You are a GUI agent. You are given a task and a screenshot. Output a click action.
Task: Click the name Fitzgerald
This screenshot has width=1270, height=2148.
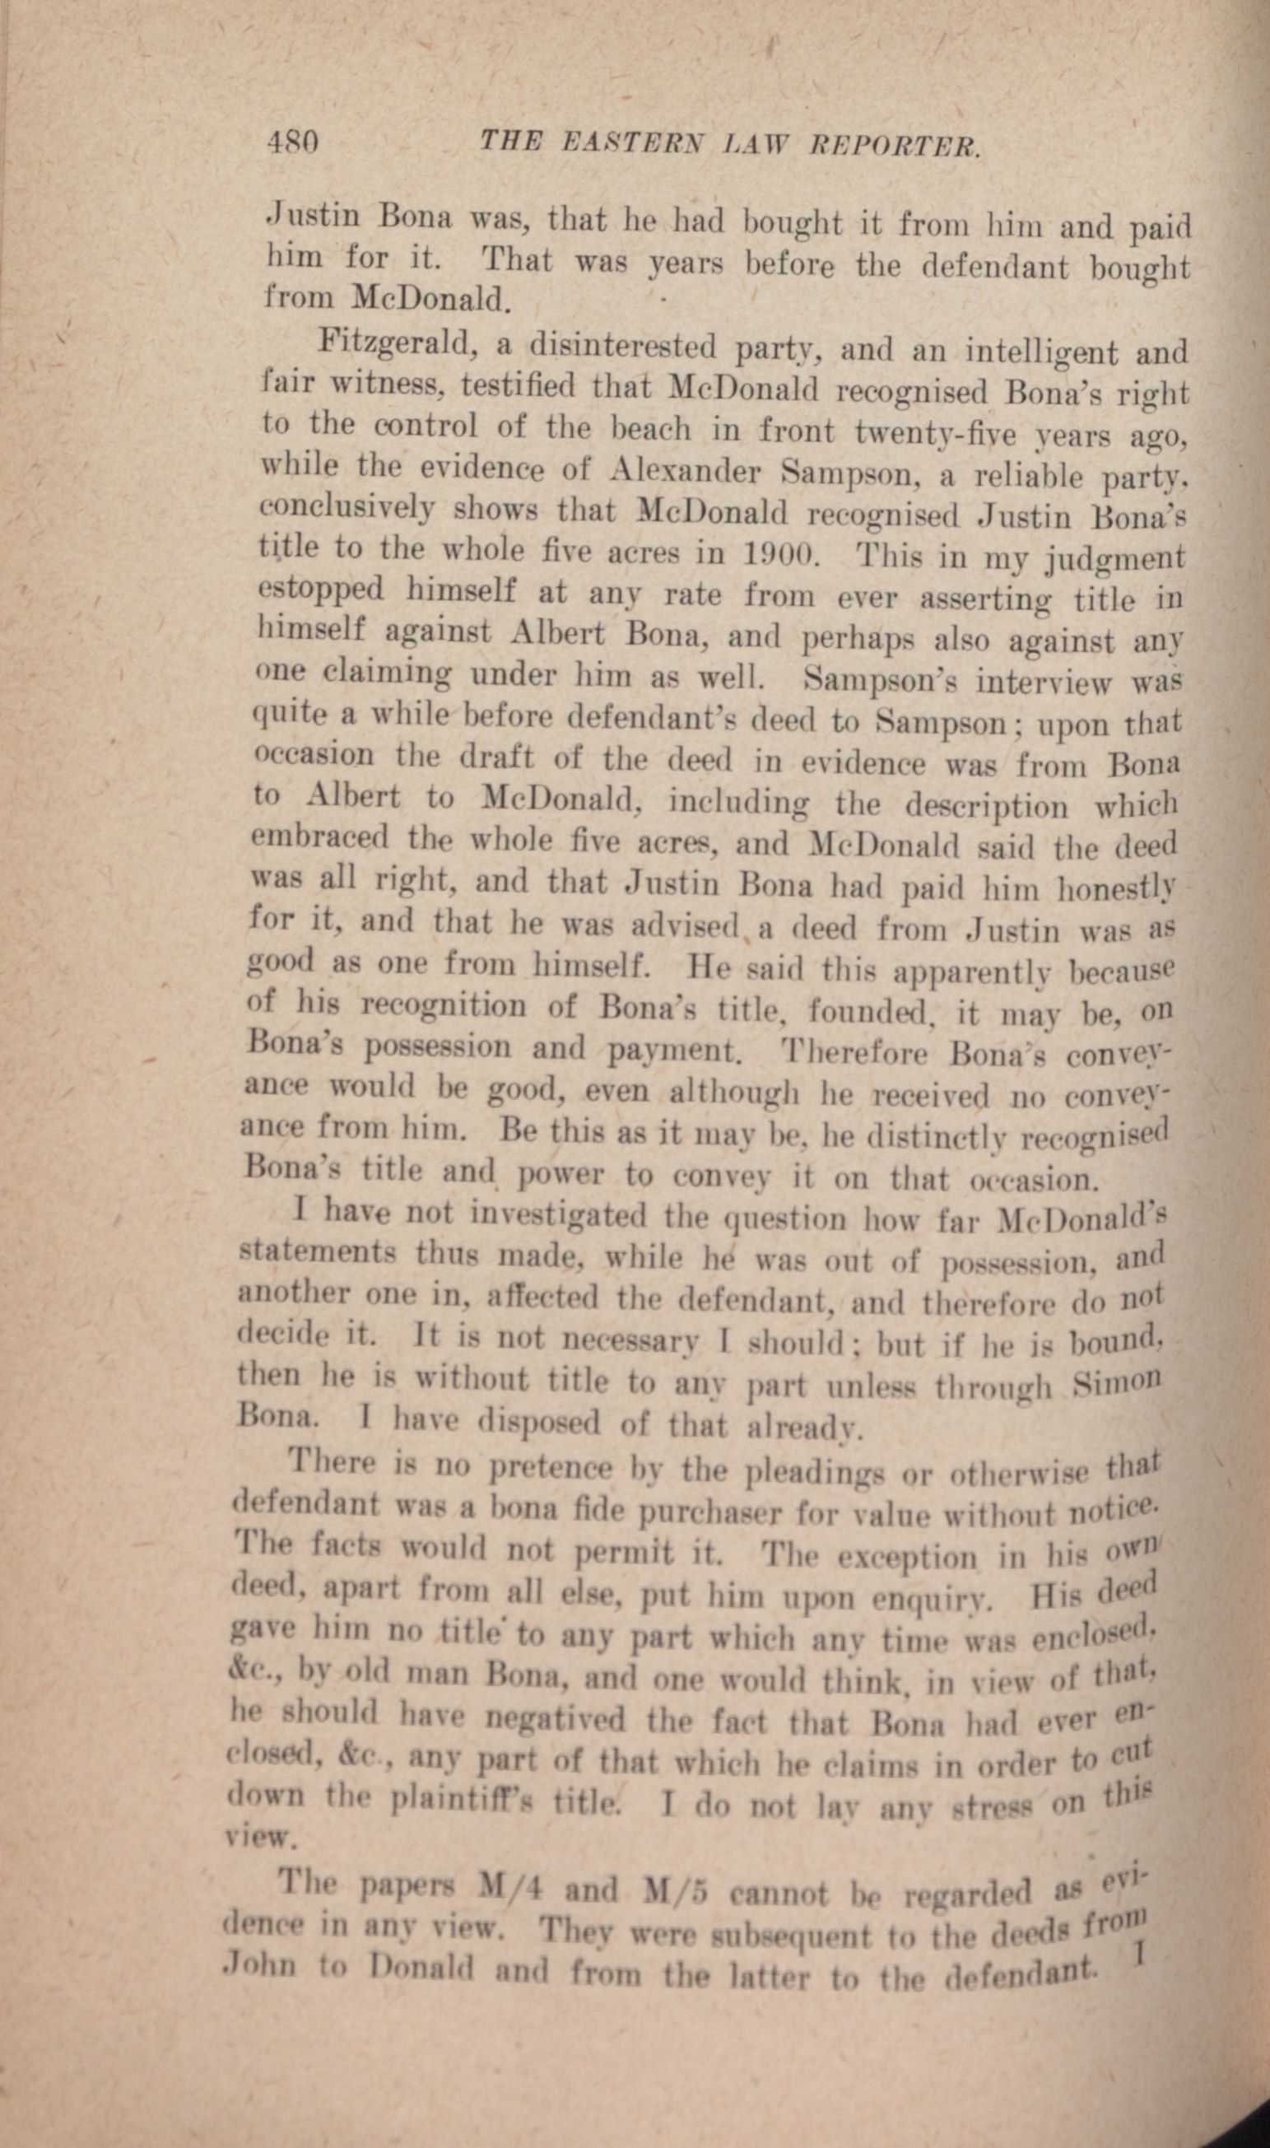click(x=394, y=346)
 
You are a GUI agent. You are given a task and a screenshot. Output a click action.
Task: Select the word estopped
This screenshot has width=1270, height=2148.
click(x=321, y=590)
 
